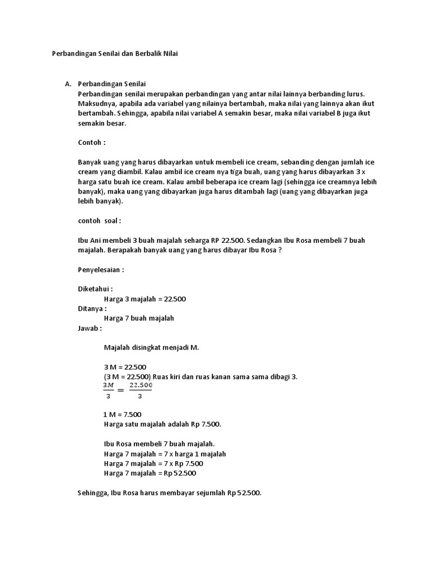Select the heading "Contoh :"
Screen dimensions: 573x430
92,143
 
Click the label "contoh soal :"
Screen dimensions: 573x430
99,220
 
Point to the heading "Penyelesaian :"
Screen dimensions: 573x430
101,269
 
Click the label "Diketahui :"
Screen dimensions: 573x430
95,289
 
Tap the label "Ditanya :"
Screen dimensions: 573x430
92,308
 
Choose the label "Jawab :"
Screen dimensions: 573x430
90,328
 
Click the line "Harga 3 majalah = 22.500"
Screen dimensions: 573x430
144,299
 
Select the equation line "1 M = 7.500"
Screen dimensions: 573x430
123,415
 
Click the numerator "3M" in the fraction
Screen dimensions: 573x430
108,386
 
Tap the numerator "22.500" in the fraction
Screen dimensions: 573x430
141,386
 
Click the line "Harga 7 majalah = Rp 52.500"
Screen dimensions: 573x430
150,473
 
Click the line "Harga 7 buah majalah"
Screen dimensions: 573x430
139,318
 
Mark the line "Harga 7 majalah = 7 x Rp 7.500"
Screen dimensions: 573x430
153,463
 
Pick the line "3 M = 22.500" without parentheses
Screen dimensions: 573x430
125,367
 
